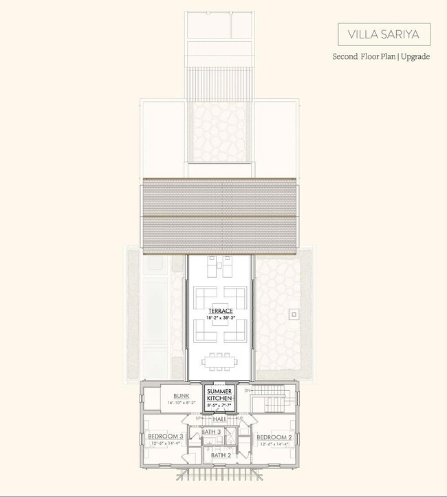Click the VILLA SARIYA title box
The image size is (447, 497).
coord(384,34)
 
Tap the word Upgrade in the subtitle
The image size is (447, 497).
coord(414,56)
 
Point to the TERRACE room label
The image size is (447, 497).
coord(221,311)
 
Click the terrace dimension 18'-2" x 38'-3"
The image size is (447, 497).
coord(221,318)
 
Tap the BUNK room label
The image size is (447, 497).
coord(181,396)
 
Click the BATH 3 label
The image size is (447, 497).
coord(211,432)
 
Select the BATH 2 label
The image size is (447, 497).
coord(221,455)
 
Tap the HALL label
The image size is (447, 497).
coord(220,419)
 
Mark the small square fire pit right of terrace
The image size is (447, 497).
coord(294,314)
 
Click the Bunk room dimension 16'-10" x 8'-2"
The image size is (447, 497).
coord(182,403)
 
